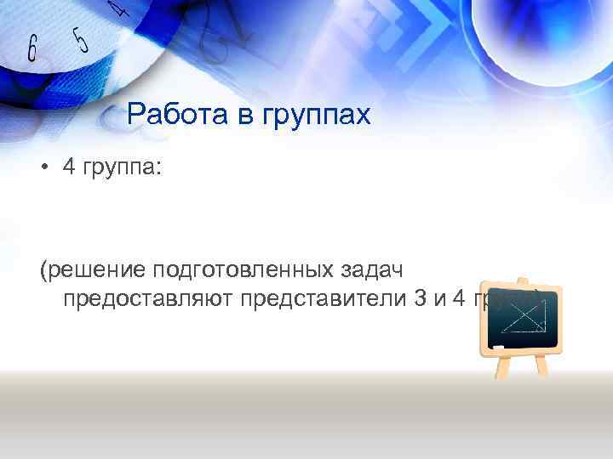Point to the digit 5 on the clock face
(x=81, y=39)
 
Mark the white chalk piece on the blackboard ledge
(x=499, y=347)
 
